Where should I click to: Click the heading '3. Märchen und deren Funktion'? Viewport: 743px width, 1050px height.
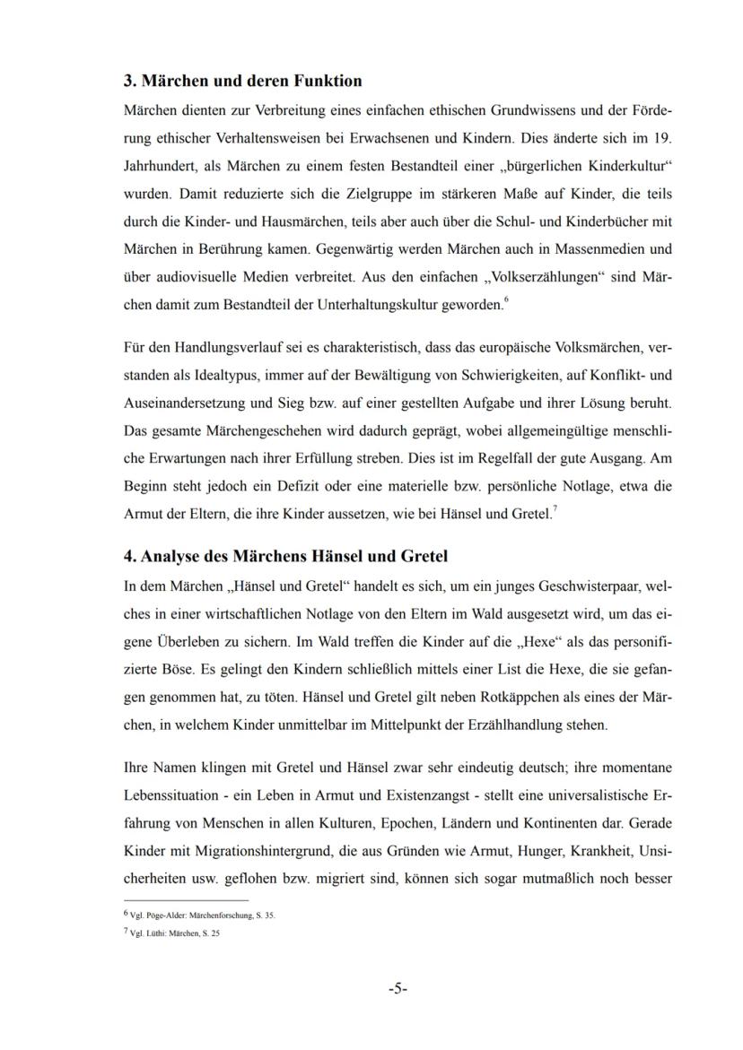click(242, 81)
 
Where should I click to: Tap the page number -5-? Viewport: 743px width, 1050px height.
click(398, 989)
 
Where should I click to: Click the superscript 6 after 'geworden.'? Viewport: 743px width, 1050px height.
click(505, 299)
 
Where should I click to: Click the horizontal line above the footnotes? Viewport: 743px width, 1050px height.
click(186, 898)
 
